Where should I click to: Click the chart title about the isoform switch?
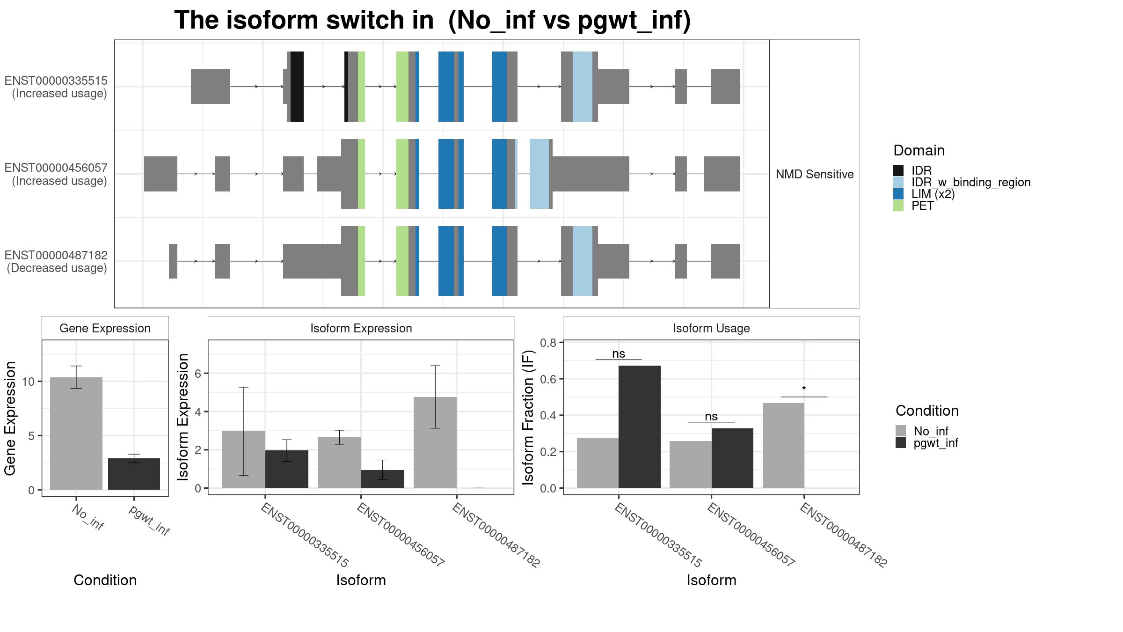click(x=432, y=21)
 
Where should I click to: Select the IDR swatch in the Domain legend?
click(x=898, y=170)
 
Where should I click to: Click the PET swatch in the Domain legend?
click(x=898, y=206)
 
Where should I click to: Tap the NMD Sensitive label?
click(x=814, y=174)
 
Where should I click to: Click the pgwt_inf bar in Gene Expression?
click(x=134, y=474)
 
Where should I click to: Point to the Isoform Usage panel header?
click(x=711, y=328)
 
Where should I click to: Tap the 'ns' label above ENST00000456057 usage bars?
click(x=711, y=416)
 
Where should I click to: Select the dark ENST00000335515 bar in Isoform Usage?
click(x=639, y=426)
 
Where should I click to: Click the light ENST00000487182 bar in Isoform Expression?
click(x=435, y=442)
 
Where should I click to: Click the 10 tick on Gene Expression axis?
click(x=28, y=382)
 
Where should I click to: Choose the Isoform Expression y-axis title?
click(x=183, y=417)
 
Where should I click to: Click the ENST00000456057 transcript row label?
click(x=56, y=174)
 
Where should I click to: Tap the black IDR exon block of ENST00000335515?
click(x=297, y=87)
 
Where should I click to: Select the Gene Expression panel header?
click(x=105, y=328)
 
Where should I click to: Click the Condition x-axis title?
click(x=105, y=580)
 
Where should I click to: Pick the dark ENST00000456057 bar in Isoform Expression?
click(x=382, y=479)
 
